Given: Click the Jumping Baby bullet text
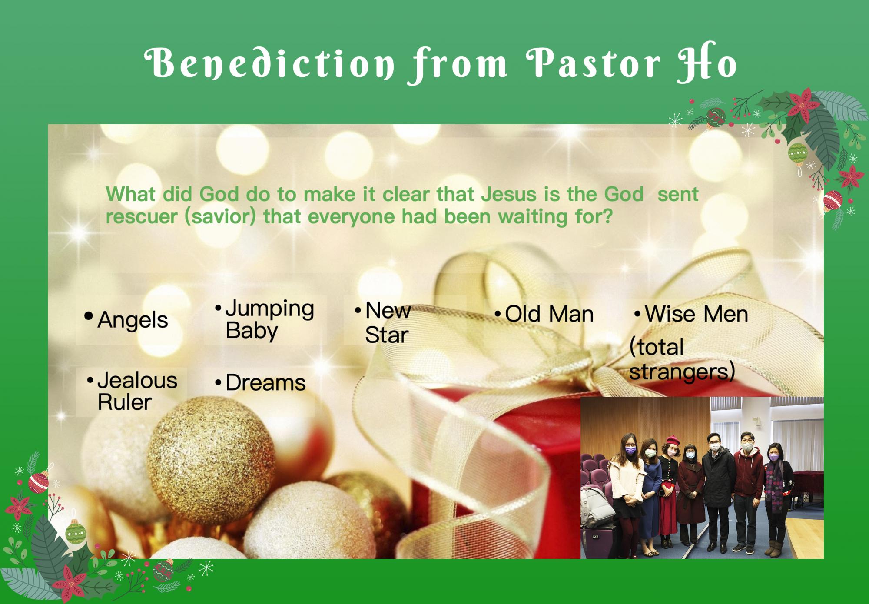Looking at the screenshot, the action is pos(265,319).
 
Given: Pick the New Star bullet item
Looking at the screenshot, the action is pos(383,322).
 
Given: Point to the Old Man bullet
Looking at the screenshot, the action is pos(544,314).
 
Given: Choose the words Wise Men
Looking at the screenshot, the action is pos(696,314).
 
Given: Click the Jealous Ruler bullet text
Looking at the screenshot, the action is pos(133,391).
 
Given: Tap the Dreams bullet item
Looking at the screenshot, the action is pos(261,383).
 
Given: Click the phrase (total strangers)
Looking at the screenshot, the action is pos(682,359).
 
